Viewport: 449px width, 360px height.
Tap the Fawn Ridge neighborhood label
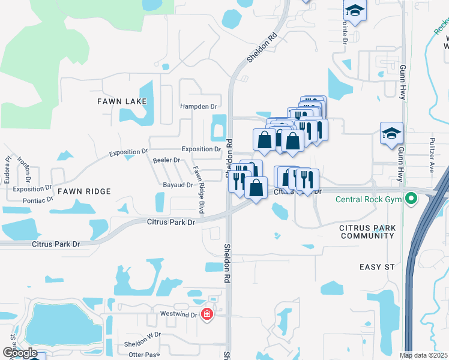point(85,191)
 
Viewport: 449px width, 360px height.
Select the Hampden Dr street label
point(198,106)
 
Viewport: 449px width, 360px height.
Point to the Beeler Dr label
point(166,160)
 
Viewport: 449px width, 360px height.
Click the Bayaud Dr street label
point(177,185)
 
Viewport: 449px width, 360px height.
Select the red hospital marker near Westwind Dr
point(207,314)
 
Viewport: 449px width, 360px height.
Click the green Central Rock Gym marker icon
point(411,198)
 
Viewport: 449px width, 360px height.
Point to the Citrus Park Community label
point(367,232)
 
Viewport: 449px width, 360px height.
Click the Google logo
point(20,353)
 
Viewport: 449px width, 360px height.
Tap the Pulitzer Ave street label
point(431,161)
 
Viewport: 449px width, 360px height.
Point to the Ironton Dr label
point(23,170)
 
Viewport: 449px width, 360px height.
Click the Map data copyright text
point(424,355)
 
